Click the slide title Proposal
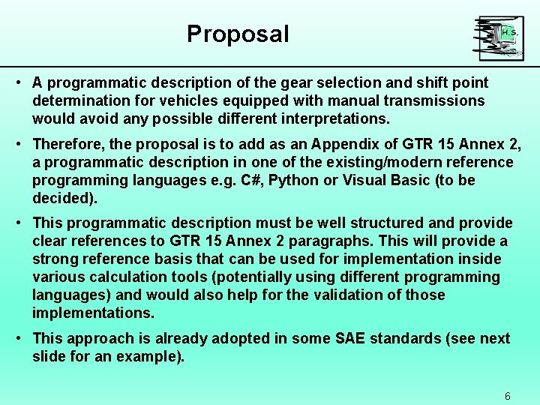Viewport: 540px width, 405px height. [x=238, y=34]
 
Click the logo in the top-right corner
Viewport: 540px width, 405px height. [x=498, y=38]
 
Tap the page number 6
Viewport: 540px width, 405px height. [x=508, y=396]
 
